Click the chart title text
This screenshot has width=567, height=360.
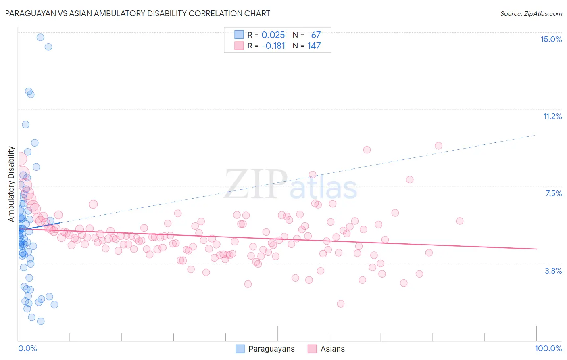pos(138,13)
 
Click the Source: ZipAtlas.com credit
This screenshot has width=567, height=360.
pos(531,14)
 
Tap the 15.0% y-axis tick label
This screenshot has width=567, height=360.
pos(551,39)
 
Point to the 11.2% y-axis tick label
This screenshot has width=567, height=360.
pos(552,116)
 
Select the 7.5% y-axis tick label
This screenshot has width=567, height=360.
pos(553,193)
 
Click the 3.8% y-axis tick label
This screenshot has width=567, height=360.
pos(553,271)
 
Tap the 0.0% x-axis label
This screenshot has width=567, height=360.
pos(27,348)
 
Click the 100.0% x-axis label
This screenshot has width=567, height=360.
pos(548,348)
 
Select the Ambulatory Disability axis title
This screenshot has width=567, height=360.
pos(11,184)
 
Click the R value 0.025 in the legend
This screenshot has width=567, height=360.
pos(273,35)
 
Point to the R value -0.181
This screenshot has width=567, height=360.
pos(273,46)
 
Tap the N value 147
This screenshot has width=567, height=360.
pos(314,46)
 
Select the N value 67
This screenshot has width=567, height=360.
pos(316,35)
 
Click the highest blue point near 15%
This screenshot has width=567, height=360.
pos(40,37)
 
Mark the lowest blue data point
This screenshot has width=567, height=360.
pos(41,321)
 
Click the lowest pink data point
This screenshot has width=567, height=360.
pos(341,303)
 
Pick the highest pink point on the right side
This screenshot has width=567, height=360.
pos(438,146)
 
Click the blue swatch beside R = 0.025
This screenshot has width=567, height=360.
pos(239,35)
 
